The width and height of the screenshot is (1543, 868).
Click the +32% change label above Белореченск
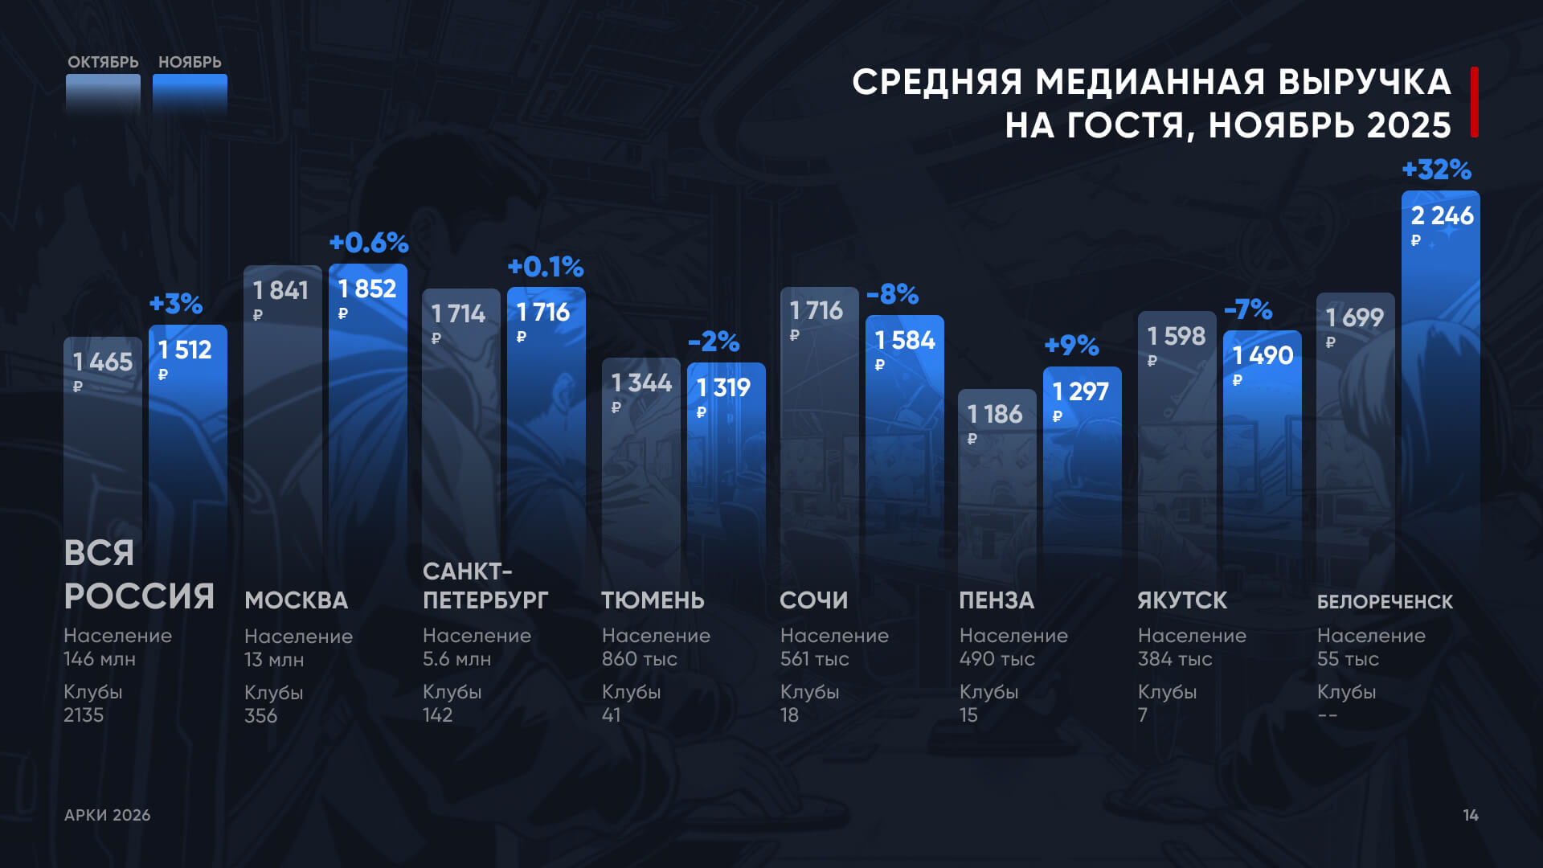pyautogui.click(x=1436, y=170)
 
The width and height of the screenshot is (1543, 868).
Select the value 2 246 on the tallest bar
pyautogui.click(x=1442, y=215)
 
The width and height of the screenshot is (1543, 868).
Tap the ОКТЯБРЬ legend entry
pyautogui.click(x=103, y=63)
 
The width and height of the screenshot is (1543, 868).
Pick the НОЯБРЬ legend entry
pyautogui.click(x=190, y=63)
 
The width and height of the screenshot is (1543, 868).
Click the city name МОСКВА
pyautogui.click(x=297, y=600)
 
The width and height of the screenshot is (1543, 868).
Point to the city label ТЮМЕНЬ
pyautogui.click(x=653, y=600)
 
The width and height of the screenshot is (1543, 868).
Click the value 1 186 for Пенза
pyautogui.click(x=995, y=414)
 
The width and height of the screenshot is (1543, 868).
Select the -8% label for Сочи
pyautogui.click(x=892, y=294)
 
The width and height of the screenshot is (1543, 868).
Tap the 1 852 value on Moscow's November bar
pyautogui.click(x=367, y=289)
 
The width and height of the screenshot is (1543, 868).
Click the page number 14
pyautogui.click(x=1470, y=815)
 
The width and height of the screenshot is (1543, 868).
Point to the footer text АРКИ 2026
pyautogui.click(x=108, y=815)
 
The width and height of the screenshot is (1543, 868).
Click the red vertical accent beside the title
pyautogui.click(x=1474, y=102)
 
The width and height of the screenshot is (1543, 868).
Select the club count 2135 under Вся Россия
pyautogui.click(x=84, y=714)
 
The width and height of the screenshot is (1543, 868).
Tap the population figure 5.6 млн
pyautogui.click(x=456, y=659)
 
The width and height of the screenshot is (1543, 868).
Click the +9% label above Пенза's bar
pyautogui.click(x=1071, y=346)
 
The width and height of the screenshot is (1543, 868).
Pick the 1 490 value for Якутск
pyautogui.click(x=1263, y=355)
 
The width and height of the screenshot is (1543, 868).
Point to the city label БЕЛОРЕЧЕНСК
pyautogui.click(x=1385, y=601)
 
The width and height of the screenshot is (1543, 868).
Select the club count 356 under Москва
pyautogui.click(x=260, y=715)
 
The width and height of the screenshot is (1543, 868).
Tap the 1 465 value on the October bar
pyautogui.click(x=103, y=362)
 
